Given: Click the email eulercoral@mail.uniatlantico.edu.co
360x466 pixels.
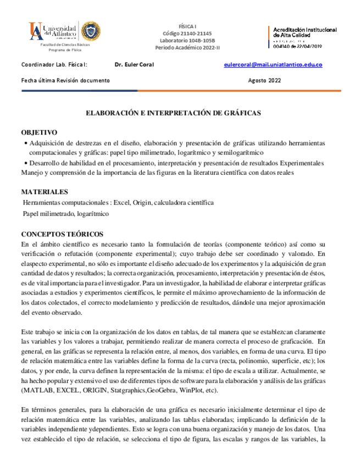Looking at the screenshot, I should point(273,65).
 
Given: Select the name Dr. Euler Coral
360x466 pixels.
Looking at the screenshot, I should point(134,65).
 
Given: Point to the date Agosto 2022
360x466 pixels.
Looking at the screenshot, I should point(264,80).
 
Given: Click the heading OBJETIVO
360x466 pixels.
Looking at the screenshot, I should point(39,133).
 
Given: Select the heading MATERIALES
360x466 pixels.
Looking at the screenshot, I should point(45,192).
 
